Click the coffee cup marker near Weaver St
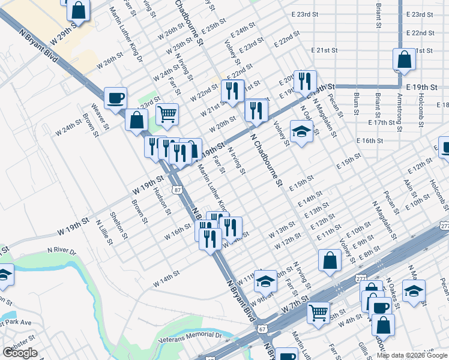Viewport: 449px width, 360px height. tap(115, 97)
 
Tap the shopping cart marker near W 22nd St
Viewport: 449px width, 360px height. tap(167, 113)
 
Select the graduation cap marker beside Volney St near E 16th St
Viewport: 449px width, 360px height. tap(302, 131)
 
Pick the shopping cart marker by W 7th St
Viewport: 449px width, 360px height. tap(318, 311)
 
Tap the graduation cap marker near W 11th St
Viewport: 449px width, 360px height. tap(265, 280)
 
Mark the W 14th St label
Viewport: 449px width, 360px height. tap(166, 278)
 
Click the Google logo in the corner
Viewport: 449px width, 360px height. tap(20, 353)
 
